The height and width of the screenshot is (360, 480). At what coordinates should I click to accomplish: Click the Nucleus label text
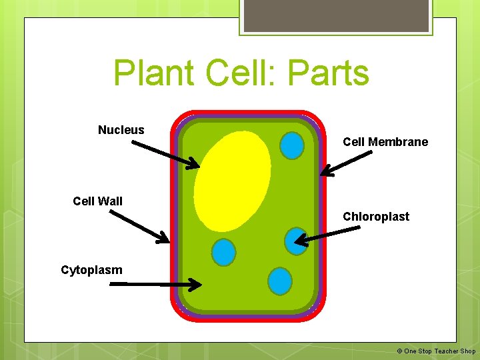pos(121,130)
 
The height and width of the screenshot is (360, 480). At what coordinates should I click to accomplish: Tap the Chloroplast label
pos(375,217)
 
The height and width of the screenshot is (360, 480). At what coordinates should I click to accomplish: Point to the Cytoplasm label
pos(91,270)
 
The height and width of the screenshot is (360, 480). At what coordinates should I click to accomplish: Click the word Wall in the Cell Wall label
pos(111,201)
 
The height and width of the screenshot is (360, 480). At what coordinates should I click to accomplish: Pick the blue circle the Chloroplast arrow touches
pos(296,241)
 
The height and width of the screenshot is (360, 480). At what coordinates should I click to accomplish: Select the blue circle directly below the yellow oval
pos(223,252)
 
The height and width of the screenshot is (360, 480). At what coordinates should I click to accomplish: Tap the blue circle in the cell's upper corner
pos(291,145)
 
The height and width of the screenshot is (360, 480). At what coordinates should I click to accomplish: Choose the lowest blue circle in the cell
pos(280,281)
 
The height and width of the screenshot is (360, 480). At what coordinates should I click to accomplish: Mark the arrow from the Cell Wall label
pos(139,227)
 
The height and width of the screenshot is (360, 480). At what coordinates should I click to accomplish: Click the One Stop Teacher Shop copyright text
pos(440,351)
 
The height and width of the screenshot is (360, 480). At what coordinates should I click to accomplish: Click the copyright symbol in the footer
pos(399,351)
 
